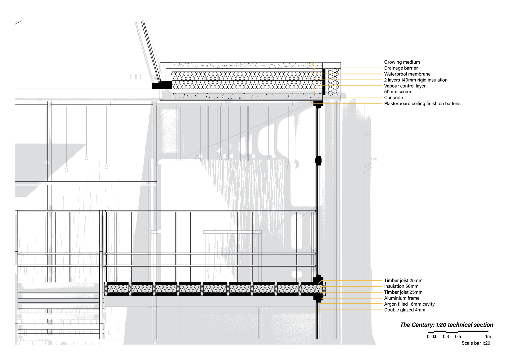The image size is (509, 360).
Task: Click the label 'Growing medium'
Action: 402,62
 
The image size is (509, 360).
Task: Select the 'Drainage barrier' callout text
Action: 401,68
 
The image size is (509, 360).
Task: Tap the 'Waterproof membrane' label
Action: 407,74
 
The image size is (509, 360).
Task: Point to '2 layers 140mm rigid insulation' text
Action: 415,80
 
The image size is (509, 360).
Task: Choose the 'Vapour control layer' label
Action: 405,86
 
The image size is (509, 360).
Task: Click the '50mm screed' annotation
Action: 398,92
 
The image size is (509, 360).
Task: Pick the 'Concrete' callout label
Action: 393,98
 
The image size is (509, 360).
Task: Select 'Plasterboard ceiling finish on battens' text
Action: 422,103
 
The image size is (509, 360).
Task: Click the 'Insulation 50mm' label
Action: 401,286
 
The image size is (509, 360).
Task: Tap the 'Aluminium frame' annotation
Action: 402,298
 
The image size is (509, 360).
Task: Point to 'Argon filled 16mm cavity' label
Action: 409,304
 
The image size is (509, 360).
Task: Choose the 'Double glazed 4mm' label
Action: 404,310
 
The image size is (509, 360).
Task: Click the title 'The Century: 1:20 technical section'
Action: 446,325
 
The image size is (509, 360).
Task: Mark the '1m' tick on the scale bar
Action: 488,337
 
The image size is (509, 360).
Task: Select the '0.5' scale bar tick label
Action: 458,337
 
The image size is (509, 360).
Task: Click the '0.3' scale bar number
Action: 446,337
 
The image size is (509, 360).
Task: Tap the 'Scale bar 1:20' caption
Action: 476,343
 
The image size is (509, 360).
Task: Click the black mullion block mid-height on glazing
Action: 318,160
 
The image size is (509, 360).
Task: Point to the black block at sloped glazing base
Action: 162,85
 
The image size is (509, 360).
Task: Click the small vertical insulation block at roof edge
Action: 334,82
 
